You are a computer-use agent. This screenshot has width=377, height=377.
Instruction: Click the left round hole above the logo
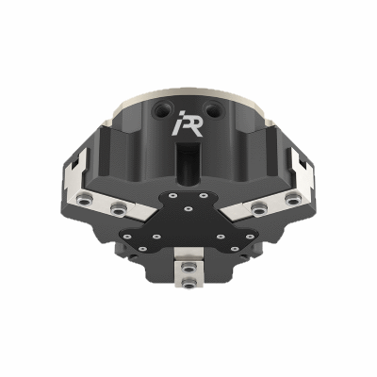tap(167, 109)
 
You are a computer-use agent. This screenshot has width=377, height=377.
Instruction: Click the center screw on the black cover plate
tap(188, 207)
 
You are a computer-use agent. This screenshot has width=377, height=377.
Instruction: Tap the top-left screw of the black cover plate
tap(172, 195)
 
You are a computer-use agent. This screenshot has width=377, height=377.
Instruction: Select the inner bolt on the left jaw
tap(116, 209)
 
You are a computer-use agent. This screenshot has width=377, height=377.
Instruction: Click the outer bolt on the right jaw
tap(289, 200)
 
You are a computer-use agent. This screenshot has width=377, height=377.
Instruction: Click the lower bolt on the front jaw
tap(188, 284)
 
